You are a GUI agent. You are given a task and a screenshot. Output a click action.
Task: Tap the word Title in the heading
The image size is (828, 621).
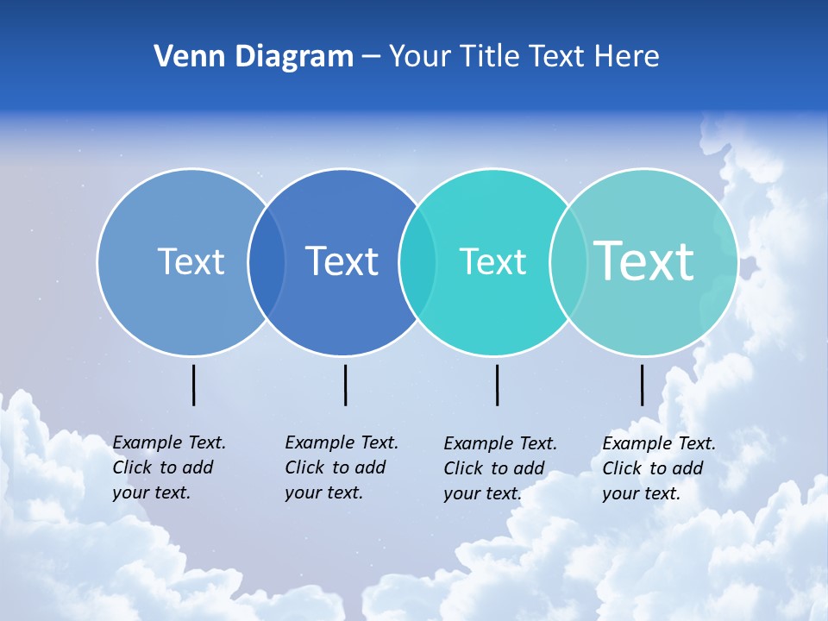click(490, 57)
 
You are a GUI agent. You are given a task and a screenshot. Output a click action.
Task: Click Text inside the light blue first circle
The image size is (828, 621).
click(191, 261)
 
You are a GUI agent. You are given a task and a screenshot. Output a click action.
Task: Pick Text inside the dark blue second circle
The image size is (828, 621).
click(342, 261)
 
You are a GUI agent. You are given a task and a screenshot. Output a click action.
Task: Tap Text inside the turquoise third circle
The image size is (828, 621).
click(492, 261)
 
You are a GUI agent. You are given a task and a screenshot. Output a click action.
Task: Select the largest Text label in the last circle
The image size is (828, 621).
click(644, 260)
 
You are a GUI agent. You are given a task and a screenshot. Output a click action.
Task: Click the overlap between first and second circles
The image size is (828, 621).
click(267, 261)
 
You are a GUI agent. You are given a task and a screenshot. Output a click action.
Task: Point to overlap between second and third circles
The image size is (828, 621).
click(417, 261)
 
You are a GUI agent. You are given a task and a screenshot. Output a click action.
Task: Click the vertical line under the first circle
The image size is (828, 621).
click(194, 385)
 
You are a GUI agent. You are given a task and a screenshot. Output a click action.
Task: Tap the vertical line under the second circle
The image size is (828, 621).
click(345, 385)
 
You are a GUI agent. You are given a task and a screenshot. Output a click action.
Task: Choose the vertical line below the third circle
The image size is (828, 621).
click(497, 385)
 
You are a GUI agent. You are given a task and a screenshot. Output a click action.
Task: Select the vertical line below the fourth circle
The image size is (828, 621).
click(642, 385)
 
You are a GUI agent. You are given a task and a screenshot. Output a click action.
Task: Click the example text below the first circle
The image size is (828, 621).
click(168, 467)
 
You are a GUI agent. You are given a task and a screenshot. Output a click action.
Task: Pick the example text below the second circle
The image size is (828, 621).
click(341, 467)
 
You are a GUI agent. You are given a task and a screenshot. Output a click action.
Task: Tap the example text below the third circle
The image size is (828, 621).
click(499, 468)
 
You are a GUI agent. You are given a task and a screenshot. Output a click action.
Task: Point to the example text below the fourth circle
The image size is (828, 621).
click(658, 468)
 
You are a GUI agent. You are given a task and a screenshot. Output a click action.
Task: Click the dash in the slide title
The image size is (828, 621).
click(371, 58)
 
